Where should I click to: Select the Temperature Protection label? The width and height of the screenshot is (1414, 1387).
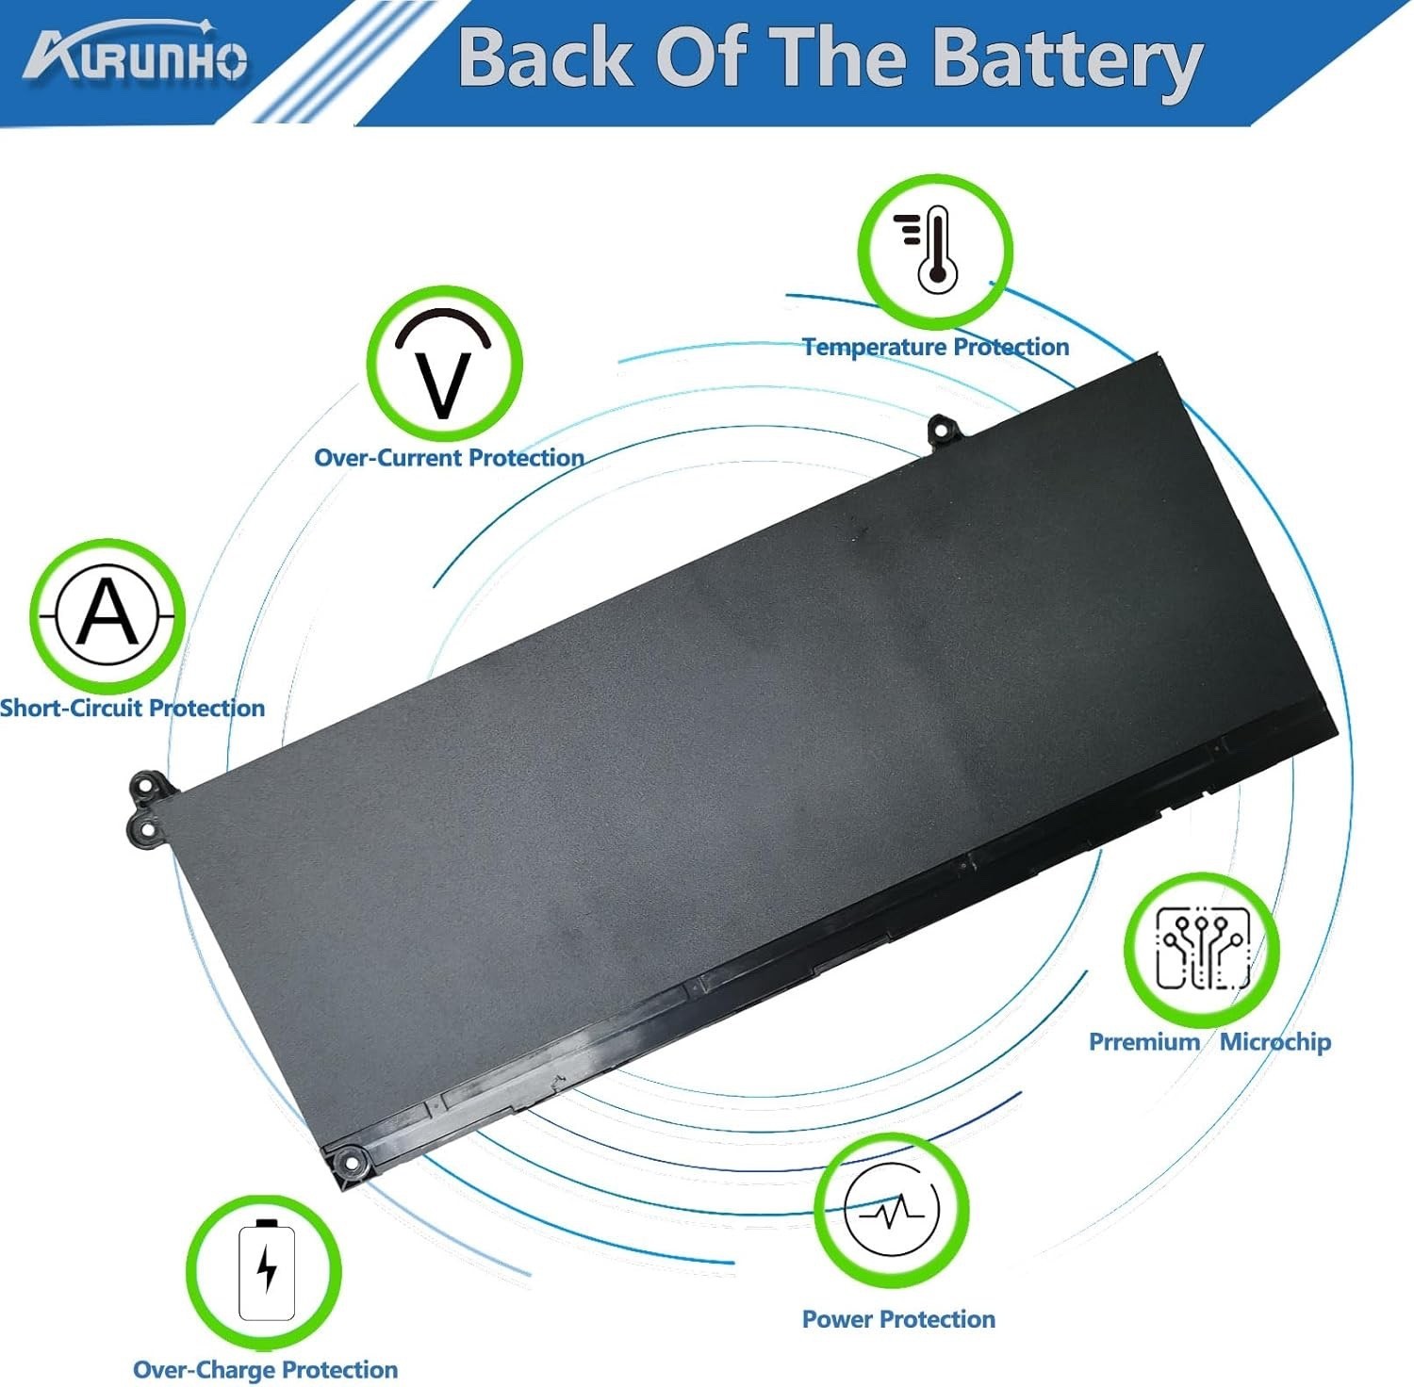(x=935, y=347)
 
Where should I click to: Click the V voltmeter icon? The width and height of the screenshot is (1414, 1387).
(x=443, y=365)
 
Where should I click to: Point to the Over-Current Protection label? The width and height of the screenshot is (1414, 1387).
(x=449, y=458)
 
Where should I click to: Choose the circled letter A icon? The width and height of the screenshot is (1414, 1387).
(x=107, y=614)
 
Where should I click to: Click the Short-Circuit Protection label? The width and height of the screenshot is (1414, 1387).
(x=132, y=709)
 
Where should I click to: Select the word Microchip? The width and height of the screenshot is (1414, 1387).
(x=1274, y=1042)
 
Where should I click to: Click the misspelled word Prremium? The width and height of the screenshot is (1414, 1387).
(x=1143, y=1042)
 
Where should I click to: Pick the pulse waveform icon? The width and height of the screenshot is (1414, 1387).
(x=892, y=1210)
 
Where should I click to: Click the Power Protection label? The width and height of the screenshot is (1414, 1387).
(x=898, y=1319)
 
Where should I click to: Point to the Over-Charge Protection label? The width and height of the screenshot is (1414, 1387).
(x=265, y=1370)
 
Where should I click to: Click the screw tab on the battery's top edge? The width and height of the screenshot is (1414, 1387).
(x=943, y=430)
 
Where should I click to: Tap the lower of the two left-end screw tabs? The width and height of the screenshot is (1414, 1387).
(x=145, y=829)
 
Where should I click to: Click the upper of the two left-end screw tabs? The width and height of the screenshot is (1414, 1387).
(x=148, y=786)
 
